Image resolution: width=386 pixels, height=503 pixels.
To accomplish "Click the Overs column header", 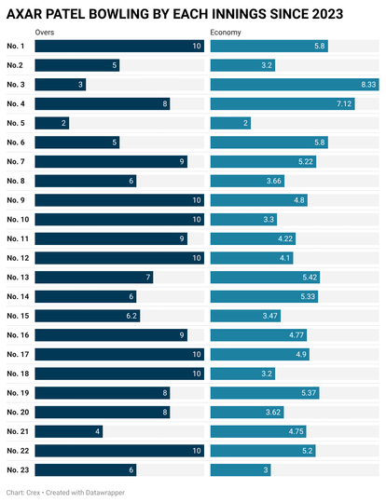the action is pos(45,33).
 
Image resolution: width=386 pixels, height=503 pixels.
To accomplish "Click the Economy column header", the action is pos(226,33).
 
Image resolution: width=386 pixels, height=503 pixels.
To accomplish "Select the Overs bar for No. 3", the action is pos(61,85).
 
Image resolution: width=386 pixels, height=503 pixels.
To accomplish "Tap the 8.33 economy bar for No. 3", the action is pos(295,85).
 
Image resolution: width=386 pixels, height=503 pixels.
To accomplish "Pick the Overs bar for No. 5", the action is pos(52,123).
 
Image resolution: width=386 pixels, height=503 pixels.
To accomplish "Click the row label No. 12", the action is pos(18,258).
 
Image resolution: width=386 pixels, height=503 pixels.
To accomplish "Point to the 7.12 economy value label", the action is pos(344,104).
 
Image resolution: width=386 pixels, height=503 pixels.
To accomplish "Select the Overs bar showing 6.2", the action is pos(88,316).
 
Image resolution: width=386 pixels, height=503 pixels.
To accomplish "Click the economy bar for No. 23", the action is pos(241,470).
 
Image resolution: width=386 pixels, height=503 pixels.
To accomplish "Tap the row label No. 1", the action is pos(16,47).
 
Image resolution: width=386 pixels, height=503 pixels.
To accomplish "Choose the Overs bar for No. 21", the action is pos(69,431).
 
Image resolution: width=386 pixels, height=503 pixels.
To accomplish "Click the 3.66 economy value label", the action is pos(273,181).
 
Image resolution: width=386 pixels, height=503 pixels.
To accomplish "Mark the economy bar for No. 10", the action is pos(243,220).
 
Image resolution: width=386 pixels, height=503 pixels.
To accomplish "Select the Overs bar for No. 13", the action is pos(94,278).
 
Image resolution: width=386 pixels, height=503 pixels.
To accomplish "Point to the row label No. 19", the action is pos(18,393).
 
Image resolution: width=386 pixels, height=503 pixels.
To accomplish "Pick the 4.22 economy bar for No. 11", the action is pos(253,239).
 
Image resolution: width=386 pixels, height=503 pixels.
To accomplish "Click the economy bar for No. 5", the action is pos(230,123).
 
